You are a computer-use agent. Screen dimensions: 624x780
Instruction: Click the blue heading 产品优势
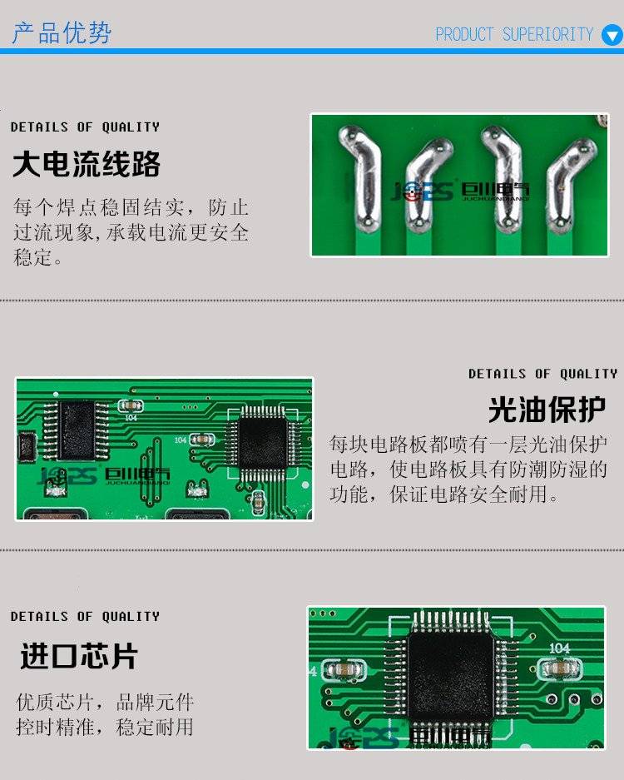click(x=62, y=32)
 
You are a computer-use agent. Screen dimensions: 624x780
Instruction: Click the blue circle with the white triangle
click(x=612, y=35)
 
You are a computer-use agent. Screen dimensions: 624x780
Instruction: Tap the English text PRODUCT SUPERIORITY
click(x=514, y=34)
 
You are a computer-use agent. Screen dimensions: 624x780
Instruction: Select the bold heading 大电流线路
click(x=87, y=164)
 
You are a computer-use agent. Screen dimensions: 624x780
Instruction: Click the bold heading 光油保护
click(x=547, y=410)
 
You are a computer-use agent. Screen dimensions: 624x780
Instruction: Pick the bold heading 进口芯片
click(x=78, y=656)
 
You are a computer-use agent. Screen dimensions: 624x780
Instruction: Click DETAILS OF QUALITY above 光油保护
click(x=543, y=374)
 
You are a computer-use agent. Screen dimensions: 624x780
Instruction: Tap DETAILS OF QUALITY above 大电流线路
click(x=85, y=127)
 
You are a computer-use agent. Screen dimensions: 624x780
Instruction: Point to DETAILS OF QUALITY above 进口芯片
click(x=85, y=616)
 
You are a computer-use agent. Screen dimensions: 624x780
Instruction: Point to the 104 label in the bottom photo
click(x=559, y=648)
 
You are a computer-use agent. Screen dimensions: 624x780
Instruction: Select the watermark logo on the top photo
click(x=460, y=191)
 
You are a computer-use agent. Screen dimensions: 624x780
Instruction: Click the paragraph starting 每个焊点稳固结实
click(x=131, y=231)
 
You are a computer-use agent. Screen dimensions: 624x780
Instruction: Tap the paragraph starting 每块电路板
click(x=468, y=469)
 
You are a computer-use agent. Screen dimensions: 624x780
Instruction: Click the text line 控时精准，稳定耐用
click(x=105, y=728)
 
